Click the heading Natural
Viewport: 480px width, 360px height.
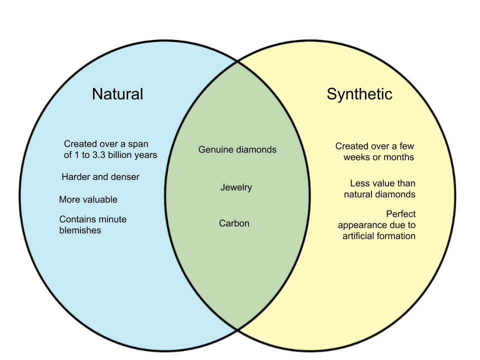click(117, 94)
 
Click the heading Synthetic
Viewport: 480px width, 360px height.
click(359, 94)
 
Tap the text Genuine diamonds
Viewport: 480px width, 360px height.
click(237, 149)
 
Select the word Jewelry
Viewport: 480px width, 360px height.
click(236, 187)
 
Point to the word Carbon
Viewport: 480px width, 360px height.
click(234, 223)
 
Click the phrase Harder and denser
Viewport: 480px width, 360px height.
click(100, 177)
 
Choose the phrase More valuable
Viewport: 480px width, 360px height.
click(88, 199)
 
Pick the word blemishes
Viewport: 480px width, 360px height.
click(80, 230)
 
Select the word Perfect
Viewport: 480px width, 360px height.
click(401, 214)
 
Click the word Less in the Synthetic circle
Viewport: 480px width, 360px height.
click(359, 183)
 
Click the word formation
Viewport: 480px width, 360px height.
click(397, 236)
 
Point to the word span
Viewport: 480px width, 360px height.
click(138, 144)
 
